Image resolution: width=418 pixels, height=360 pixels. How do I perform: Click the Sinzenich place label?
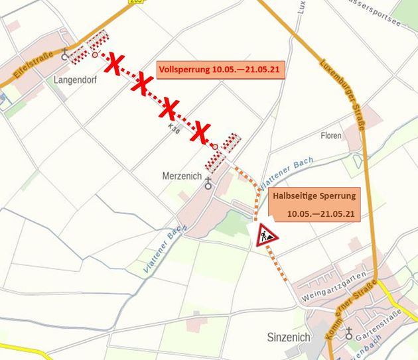288,337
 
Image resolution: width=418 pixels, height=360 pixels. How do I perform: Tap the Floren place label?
330,136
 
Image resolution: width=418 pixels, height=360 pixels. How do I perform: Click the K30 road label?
174,125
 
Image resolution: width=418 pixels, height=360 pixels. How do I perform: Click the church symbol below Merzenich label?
208,183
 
